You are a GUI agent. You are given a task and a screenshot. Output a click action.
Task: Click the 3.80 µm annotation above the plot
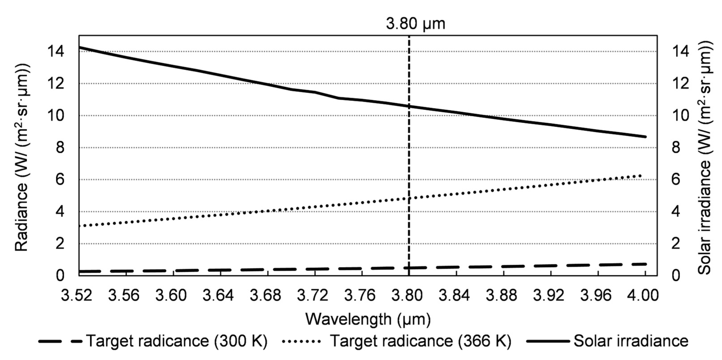(x=415, y=24)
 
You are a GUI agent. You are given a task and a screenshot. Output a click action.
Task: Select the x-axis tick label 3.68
(x=265, y=296)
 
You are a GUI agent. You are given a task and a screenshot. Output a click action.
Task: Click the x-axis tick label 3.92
(x=549, y=296)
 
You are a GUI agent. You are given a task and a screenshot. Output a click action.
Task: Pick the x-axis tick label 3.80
(x=407, y=296)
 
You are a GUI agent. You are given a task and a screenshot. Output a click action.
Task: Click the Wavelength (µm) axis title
(x=368, y=319)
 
